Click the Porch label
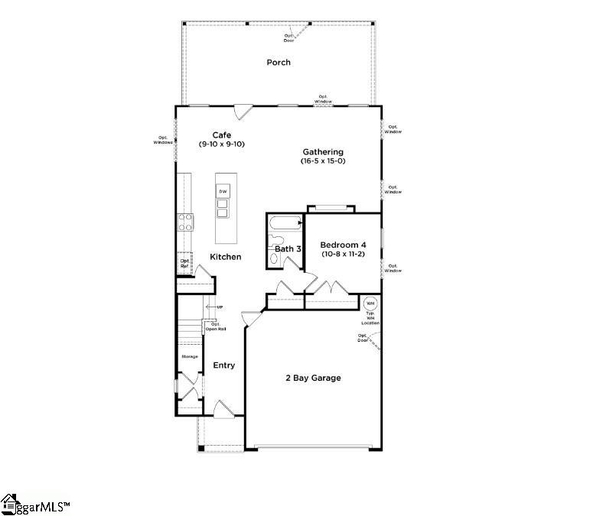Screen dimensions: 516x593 [x=279, y=62]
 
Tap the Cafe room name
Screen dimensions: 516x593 [x=222, y=135]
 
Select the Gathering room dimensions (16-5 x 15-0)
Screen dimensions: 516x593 [x=323, y=161]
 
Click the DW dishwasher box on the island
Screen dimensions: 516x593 [x=223, y=191]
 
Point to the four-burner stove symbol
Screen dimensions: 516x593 [x=185, y=222]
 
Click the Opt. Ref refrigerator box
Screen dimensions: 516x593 [x=184, y=263]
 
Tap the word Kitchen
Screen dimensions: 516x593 [x=226, y=257]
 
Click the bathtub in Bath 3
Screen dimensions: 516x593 [x=285, y=223]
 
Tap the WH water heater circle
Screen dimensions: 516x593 [x=370, y=303]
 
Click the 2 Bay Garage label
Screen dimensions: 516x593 [x=313, y=378]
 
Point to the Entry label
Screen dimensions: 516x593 [x=224, y=365]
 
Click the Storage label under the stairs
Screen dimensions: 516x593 [x=189, y=357]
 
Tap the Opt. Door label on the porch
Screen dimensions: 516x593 [x=289, y=37]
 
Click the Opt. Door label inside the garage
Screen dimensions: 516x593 [x=363, y=337]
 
